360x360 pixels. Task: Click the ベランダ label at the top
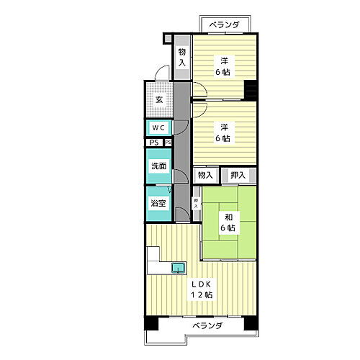(225, 27)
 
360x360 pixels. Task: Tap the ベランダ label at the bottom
(207, 326)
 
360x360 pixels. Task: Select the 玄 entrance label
(158, 99)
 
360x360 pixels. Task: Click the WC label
(158, 128)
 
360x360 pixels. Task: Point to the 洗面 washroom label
(158, 166)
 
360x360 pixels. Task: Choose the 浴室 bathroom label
(158, 204)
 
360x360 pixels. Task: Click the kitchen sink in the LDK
(177, 269)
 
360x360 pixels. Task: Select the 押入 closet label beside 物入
(238, 175)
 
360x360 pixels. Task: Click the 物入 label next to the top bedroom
(182, 58)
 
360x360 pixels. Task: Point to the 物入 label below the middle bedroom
(205, 175)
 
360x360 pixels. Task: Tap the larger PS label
(154, 143)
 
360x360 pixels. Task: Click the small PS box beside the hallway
(168, 143)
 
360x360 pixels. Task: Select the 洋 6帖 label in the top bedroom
(225, 67)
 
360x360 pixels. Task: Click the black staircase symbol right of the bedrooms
(250, 91)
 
